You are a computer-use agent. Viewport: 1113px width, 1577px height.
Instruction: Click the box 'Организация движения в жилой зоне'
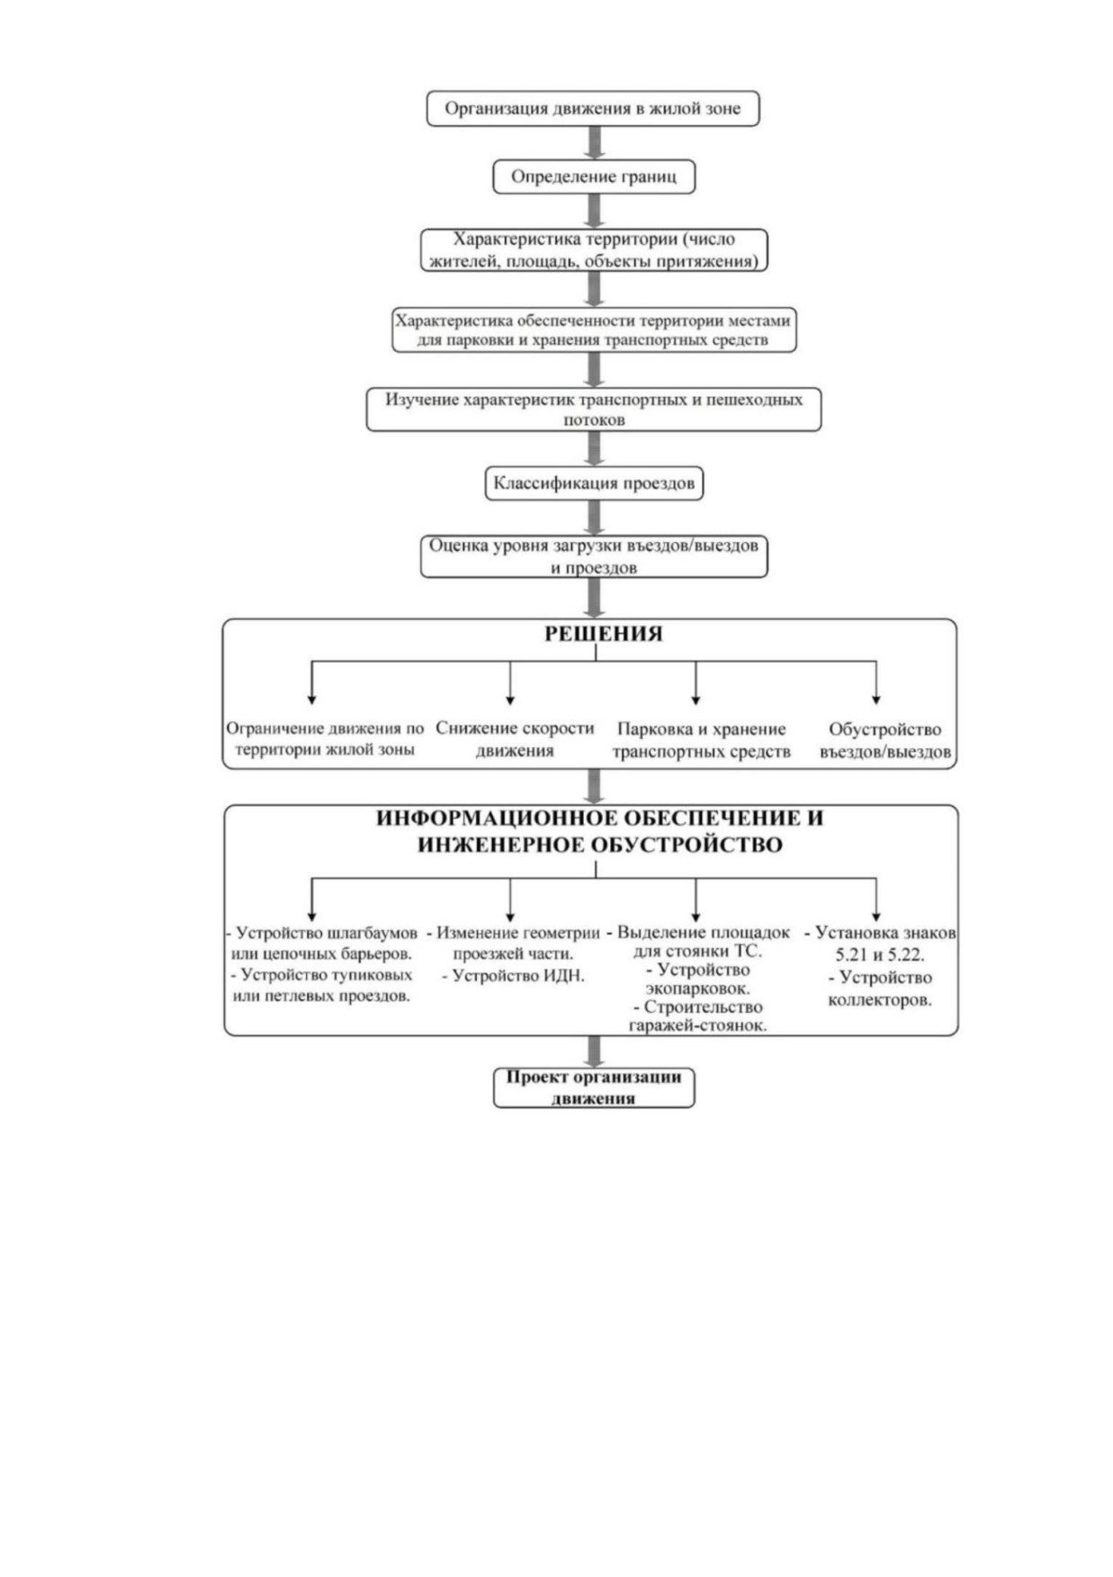tap(593, 108)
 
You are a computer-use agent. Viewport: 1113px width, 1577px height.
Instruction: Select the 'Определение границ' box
tap(594, 176)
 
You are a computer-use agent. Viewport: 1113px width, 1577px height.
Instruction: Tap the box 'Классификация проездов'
tap(594, 483)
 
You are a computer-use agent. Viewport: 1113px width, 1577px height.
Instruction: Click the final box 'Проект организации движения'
tap(594, 1087)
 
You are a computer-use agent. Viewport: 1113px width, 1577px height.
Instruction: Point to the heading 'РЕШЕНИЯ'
tap(603, 634)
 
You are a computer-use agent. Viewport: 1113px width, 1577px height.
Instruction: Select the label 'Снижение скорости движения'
tap(515, 739)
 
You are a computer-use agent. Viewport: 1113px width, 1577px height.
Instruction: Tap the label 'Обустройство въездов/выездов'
tap(885, 740)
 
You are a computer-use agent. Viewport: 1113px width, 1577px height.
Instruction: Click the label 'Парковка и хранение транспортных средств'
tap(702, 740)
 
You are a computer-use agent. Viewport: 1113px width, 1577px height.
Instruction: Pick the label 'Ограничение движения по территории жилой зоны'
tap(325, 739)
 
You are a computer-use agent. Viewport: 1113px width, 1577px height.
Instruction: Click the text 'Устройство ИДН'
tap(518, 976)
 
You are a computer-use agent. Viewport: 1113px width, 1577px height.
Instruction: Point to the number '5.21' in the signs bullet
tap(851, 955)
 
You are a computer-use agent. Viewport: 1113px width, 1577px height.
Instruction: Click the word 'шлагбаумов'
tap(373, 933)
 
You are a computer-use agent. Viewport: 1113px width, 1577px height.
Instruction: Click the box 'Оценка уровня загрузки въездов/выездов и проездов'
tap(594, 556)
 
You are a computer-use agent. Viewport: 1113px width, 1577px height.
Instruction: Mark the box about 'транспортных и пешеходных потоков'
tap(594, 410)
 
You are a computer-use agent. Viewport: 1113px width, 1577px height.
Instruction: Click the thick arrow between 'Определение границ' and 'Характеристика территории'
tap(594, 212)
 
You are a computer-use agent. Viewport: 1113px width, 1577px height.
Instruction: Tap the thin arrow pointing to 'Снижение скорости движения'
tap(510, 683)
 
